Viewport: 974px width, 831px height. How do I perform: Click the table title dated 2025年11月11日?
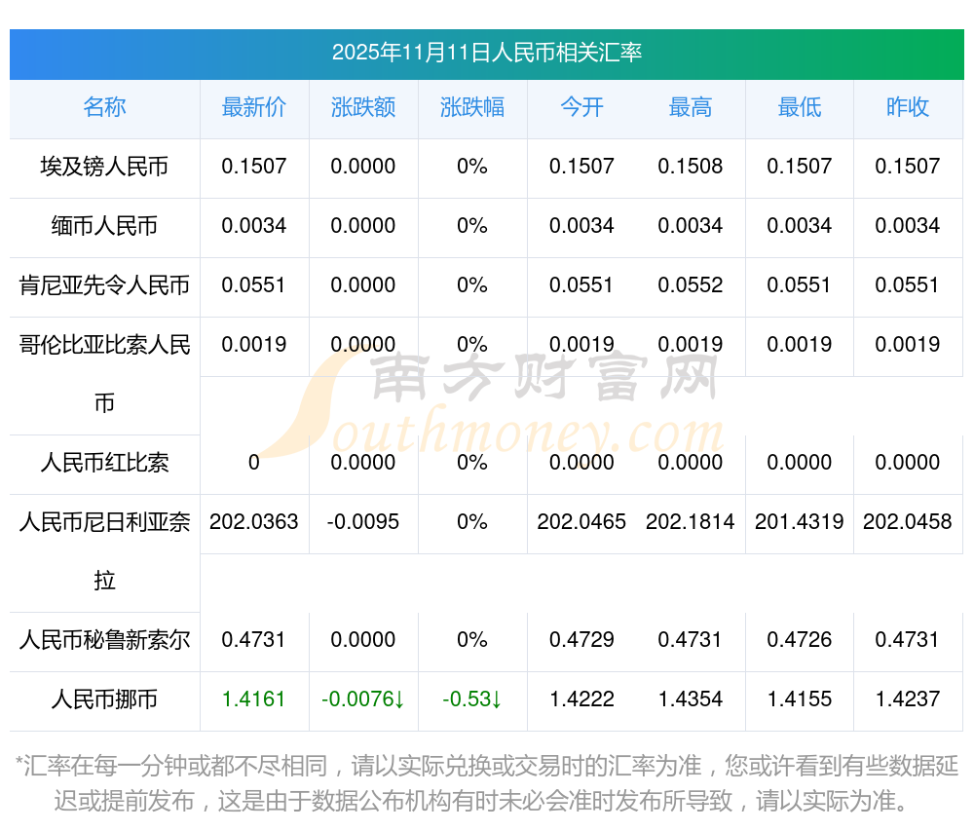pos(486,53)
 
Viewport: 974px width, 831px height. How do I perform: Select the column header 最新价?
pos(254,107)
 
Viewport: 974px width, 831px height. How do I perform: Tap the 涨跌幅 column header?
pos(472,107)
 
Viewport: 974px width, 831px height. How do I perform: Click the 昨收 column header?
pos(908,107)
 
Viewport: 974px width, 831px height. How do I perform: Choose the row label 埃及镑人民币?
pos(104,167)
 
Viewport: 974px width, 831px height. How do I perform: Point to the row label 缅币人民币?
pos(104,226)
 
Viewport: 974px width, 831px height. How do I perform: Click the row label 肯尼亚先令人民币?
pos(104,285)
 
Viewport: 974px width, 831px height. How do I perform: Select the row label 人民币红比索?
pos(104,463)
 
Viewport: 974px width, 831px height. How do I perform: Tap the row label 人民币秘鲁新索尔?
pos(104,640)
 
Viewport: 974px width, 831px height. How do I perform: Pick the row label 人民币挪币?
pos(104,699)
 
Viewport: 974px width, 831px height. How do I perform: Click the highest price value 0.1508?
pos(691,167)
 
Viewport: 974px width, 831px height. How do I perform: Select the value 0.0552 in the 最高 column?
pos(691,285)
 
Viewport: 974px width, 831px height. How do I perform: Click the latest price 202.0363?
pos(254,522)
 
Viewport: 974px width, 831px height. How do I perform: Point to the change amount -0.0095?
pos(363,522)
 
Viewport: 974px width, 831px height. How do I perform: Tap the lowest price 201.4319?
pos(800,522)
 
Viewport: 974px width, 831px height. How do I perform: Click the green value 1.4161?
pos(254,699)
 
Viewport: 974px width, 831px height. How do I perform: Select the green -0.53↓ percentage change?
pos(472,699)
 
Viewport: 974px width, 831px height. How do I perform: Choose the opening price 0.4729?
pos(581,640)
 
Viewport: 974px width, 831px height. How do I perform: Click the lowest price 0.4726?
pos(800,640)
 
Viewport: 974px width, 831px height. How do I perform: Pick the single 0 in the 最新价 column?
pos(254,463)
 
